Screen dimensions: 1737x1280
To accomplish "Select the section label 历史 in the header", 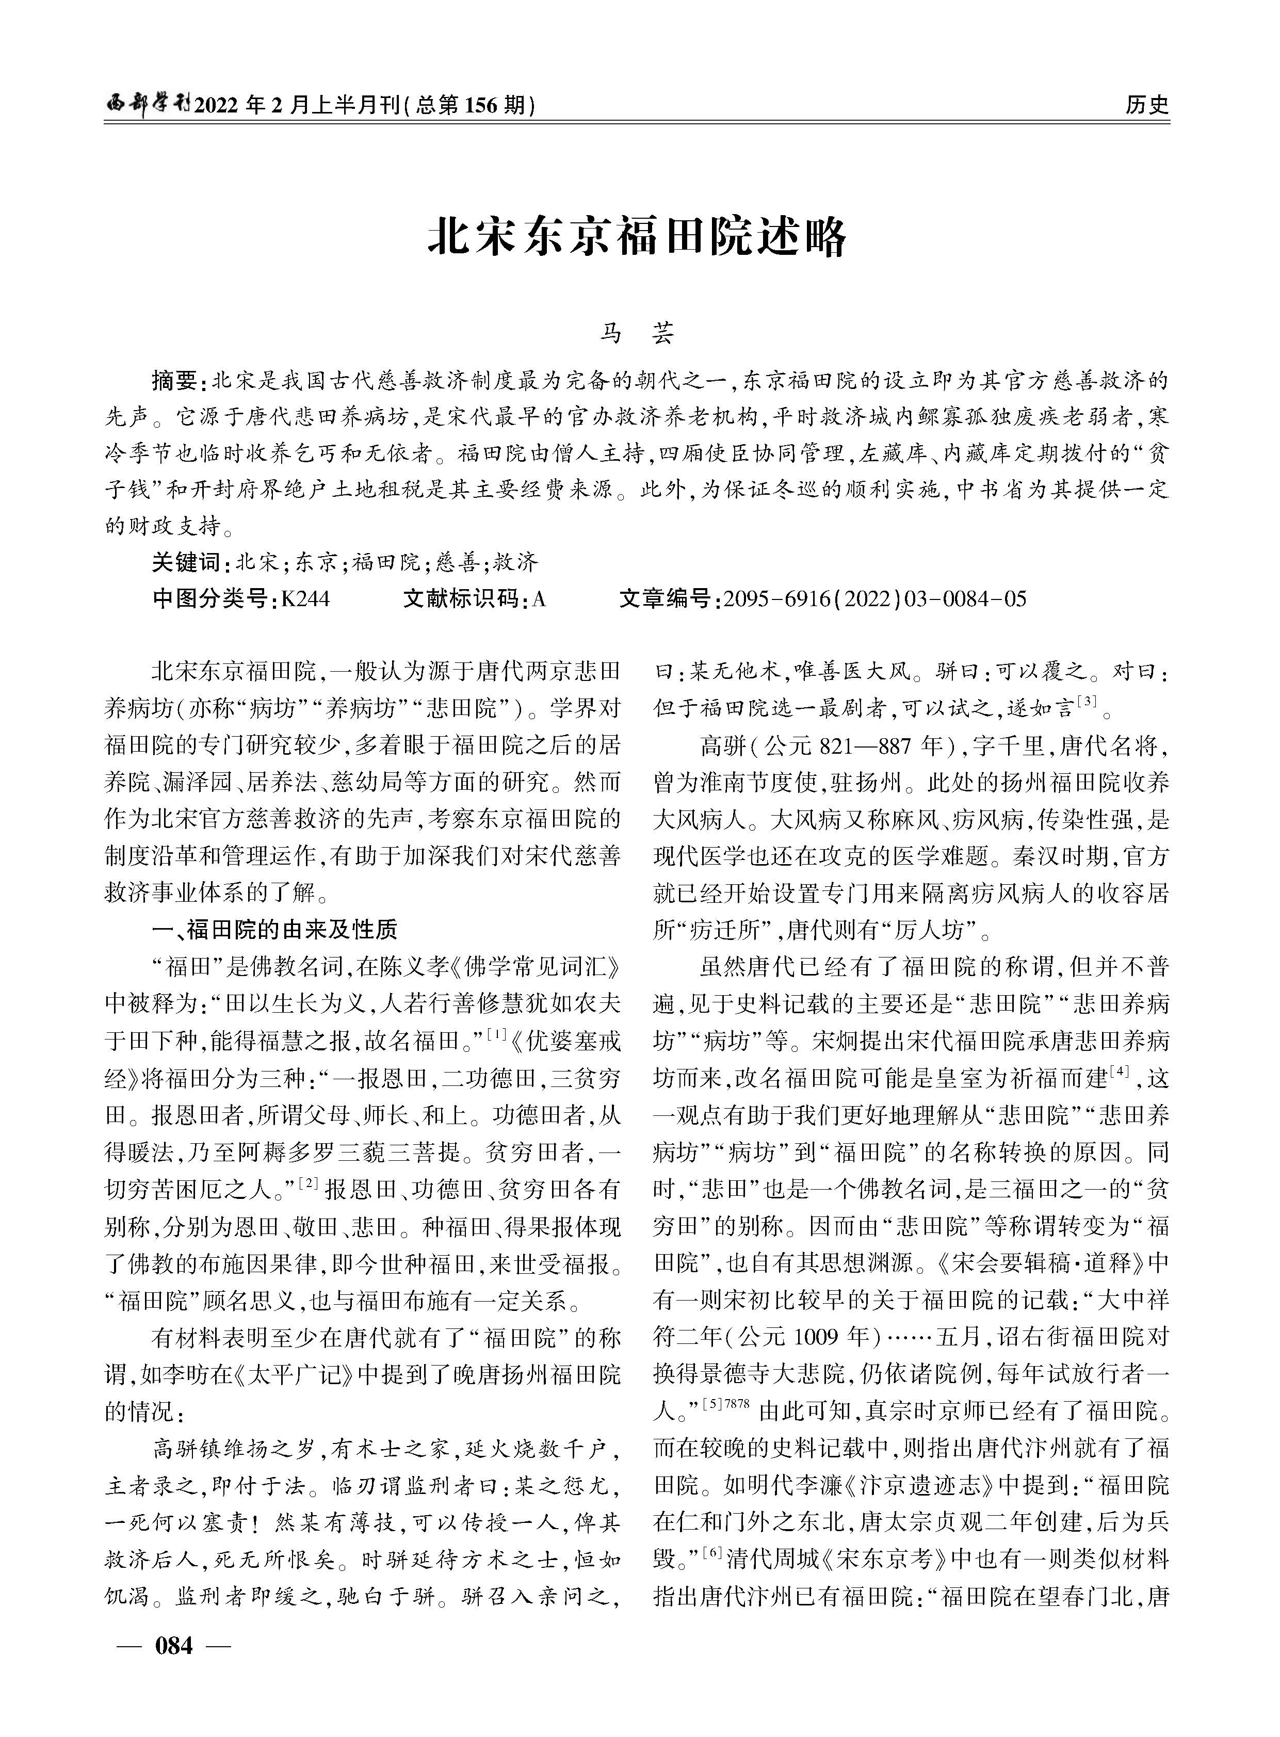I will [1147, 105].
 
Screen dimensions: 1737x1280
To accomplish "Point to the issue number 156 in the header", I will [480, 105].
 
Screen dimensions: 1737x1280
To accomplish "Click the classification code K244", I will [305, 599].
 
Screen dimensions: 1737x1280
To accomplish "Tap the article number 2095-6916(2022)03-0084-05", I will [875, 599].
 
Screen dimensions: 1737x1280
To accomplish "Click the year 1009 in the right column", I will [811, 1337].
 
